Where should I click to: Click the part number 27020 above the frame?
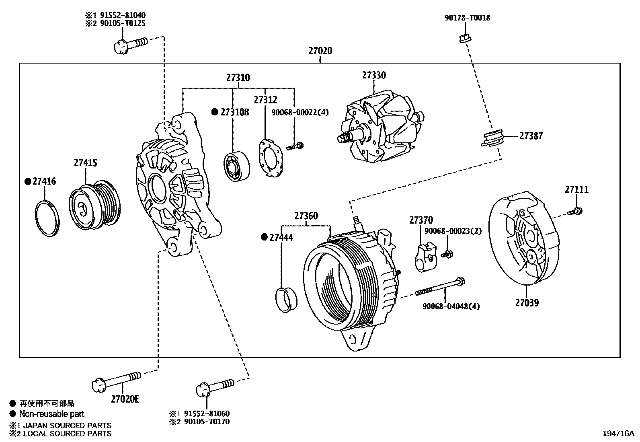click(320, 51)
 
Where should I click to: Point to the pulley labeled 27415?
click(95, 208)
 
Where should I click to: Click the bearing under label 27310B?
click(236, 166)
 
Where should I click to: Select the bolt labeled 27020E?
click(117, 380)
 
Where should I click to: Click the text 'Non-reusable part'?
click(52, 413)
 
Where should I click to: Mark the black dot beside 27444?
click(264, 237)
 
